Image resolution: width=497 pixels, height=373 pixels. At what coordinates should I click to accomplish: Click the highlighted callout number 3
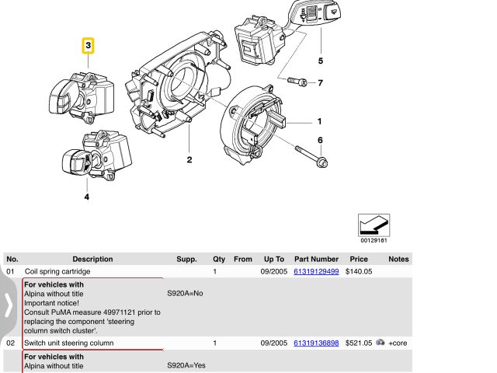(x=89, y=46)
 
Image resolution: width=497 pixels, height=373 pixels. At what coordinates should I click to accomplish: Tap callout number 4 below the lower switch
(x=86, y=197)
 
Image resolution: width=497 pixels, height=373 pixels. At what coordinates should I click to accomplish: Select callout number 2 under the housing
(x=189, y=160)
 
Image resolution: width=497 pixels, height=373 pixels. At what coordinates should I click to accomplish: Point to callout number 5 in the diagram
(x=320, y=61)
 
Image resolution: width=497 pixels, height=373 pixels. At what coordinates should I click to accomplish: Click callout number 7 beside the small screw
(x=319, y=82)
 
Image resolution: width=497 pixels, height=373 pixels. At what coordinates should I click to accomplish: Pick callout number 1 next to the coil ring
(x=319, y=121)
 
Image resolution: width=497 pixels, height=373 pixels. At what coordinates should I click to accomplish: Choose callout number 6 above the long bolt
(x=319, y=140)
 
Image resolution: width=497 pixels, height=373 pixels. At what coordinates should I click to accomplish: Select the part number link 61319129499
(x=316, y=272)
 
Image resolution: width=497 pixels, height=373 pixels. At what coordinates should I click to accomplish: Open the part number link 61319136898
(x=316, y=343)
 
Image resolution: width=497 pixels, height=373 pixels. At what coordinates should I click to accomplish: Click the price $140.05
(x=358, y=272)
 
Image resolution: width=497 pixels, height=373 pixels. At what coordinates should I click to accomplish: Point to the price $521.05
(x=358, y=343)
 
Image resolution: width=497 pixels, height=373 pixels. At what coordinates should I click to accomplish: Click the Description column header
(x=92, y=259)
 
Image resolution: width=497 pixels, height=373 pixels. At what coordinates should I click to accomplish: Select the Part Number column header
(x=316, y=259)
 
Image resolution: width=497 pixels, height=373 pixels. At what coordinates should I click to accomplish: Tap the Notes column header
(x=398, y=259)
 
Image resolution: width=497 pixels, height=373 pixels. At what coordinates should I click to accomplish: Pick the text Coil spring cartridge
(x=57, y=272)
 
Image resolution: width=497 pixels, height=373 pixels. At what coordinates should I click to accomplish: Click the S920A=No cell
(x=185, y=295)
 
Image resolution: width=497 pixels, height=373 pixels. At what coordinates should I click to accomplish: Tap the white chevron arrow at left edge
(x=8, y=306)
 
